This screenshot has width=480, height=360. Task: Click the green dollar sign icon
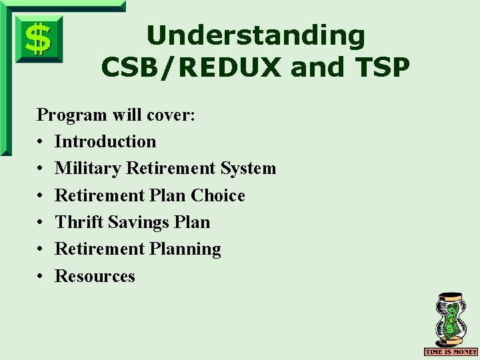pyautogui.click(x=39, y=39)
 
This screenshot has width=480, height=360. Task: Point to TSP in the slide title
pyautogui.click(x=379, y=67)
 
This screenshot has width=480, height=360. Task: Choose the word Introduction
pyautogui.click(x=105, y=141)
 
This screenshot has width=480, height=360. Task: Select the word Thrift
pyautogui.click(x=75, y=222)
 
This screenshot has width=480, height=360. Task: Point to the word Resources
pyautogui.click(x=95, y=276)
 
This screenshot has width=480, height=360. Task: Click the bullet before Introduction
pyautogui.click(x=41, y=142)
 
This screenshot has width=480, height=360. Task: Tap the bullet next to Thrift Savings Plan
pyautogui.click(x=41, y=223)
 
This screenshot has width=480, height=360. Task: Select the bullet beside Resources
pyautogui.click(x=41, y=277)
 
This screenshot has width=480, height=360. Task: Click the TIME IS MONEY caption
pyautogui.click(x=451, y=351)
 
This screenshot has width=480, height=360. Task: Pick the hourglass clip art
pyautogui.click(x=451, y=319)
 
